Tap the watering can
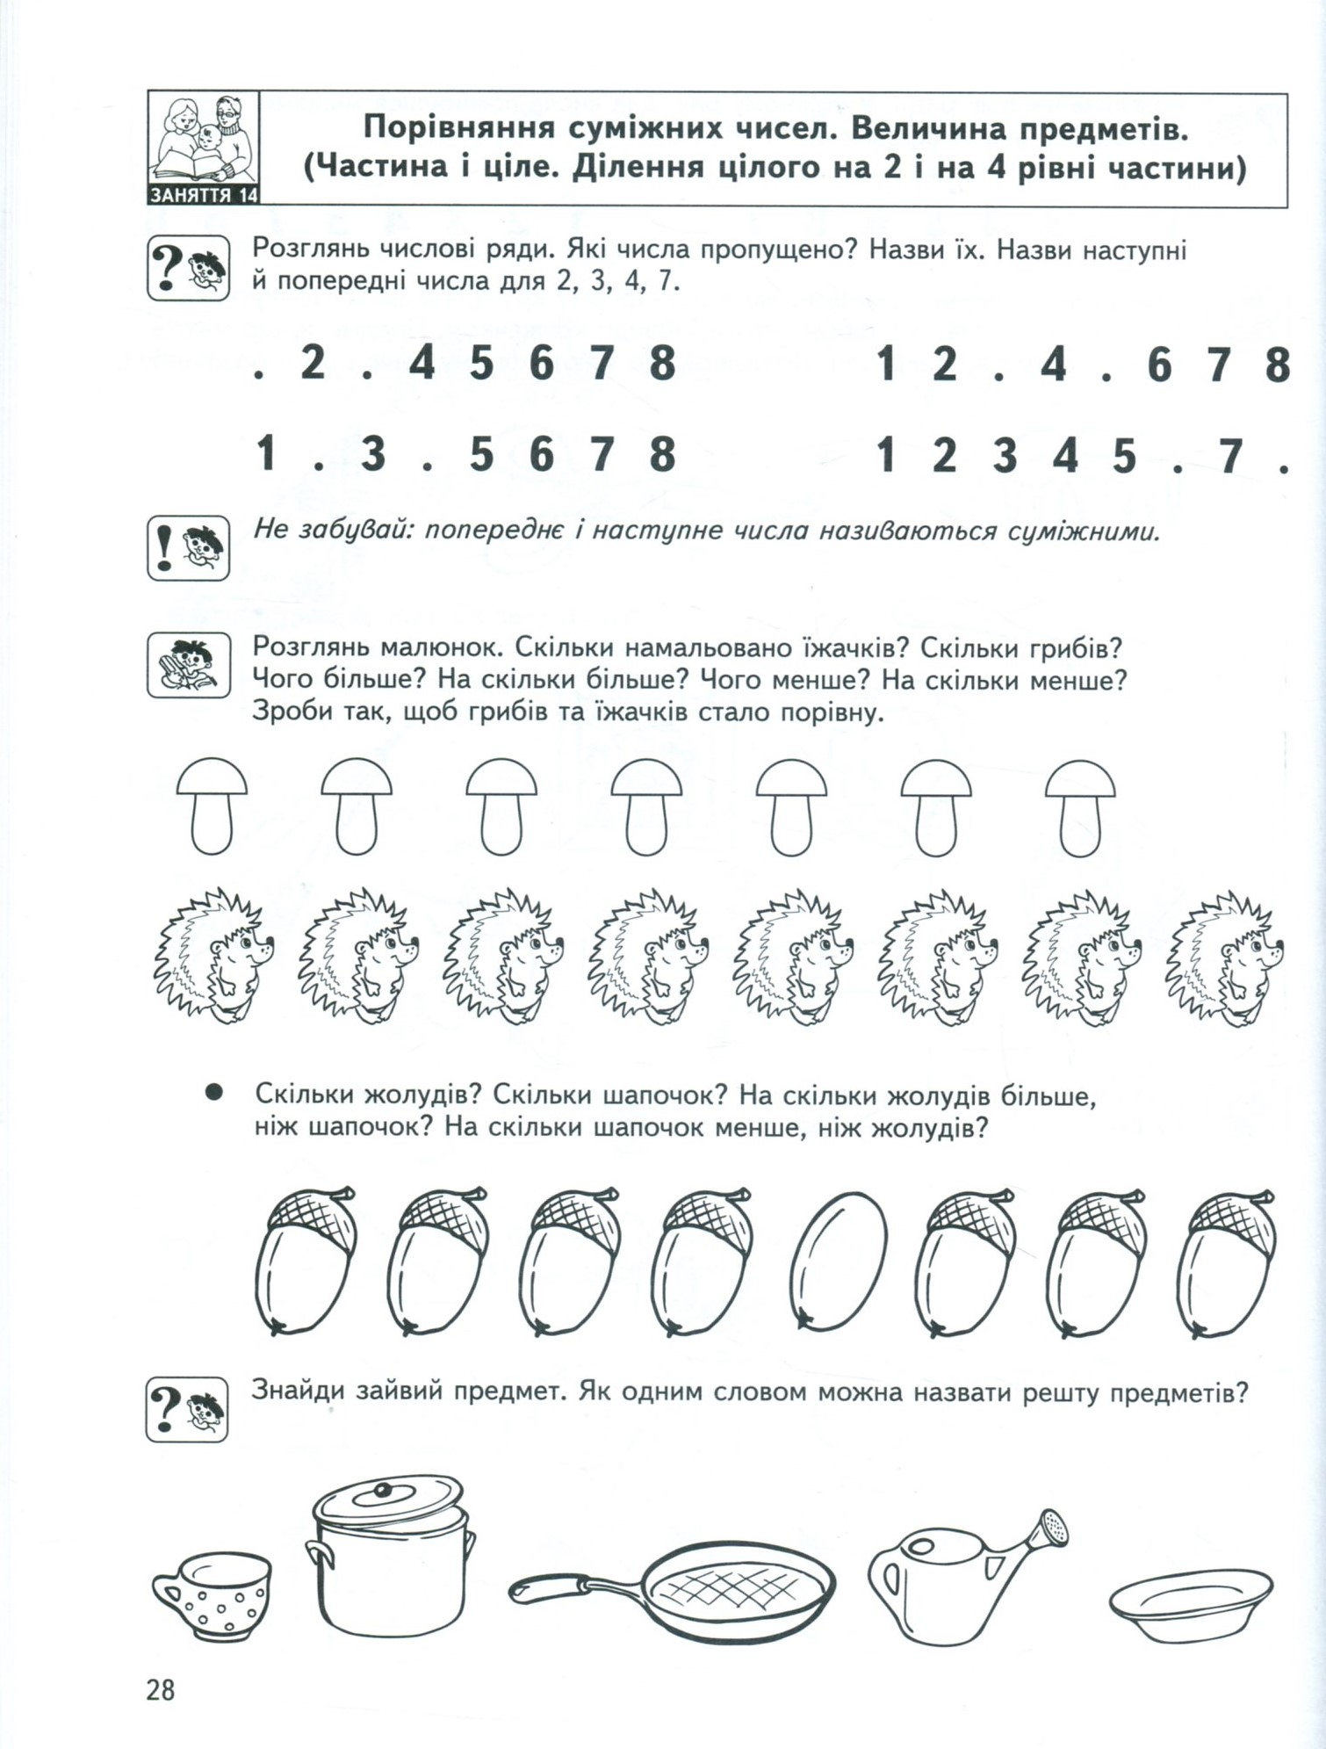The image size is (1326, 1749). click(x=967, y=1576)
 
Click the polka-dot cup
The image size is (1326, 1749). click(x=212, y=1594)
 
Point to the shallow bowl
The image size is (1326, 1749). click(x=1192, y=1601)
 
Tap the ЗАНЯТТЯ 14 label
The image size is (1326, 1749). click(x=204, y=195)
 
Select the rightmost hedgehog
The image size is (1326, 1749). click(x=1225, y=956)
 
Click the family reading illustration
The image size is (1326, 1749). click(x=204, y=138)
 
